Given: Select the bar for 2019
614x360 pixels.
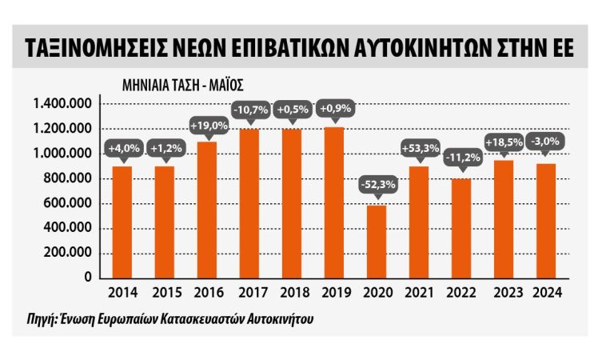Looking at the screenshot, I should pyautogui.click(x=334, y=202).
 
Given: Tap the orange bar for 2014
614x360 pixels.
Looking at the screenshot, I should pyautogui.click(x=122, y=222).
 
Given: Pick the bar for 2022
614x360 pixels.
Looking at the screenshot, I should pyautogui.click(x=460, y=228).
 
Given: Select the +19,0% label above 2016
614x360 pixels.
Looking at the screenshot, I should pyautogui.click(x=208, y=125).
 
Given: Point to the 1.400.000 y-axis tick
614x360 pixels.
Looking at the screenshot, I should pyautogui.click(x=62, y=104).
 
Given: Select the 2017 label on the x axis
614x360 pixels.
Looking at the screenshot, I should pyautogui.click(x=250, y=293).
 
